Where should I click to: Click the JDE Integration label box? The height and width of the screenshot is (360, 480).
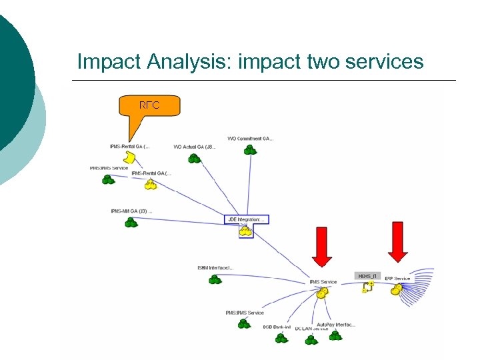click(247, 219)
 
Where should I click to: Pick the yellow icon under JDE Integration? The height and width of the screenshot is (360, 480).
click(246, 232)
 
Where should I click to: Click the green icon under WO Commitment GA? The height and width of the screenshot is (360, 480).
click(250, 151)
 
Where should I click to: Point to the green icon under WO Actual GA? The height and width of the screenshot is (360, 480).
click(194, 159)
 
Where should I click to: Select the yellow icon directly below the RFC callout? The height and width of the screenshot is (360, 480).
click(131, 157)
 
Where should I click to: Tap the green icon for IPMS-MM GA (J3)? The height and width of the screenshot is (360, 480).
click(131, 223)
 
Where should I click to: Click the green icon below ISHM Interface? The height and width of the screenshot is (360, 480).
click(215, 279)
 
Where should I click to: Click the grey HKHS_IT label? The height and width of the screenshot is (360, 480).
click(367, 275)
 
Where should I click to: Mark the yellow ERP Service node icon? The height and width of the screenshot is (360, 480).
click(397, 289)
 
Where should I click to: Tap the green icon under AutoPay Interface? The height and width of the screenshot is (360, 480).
click(335, 336)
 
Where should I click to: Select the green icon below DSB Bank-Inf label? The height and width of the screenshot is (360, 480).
click(282, 338)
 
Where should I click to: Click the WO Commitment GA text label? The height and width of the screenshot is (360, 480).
click(250, 139)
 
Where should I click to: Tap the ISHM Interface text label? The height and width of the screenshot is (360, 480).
click(215, 268)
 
